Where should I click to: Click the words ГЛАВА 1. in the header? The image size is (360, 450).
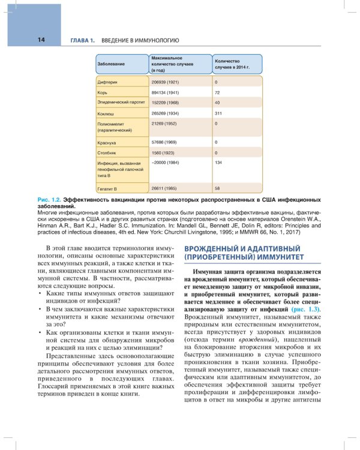click(83, 40)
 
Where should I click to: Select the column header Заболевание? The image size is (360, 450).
click(112, 64)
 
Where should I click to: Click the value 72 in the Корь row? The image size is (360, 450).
click(218, 93)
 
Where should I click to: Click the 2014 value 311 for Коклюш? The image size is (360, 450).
click(218, 113)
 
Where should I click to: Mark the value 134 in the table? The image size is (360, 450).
click(218, 163)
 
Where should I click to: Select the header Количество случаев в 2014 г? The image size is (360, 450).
click(232, 64)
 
